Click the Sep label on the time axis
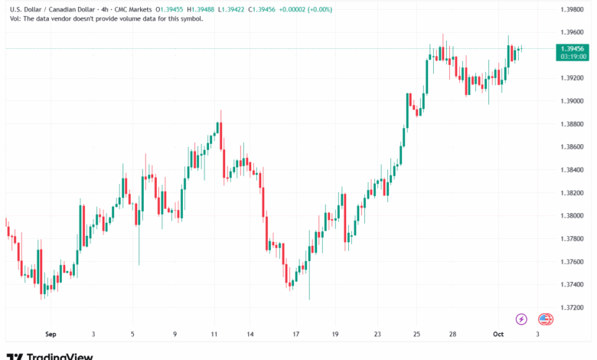click(x=51, y=335)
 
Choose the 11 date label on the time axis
click(x=214, y=335)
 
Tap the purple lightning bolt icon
click(x=521, y=319)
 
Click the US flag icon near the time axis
click(x=545, y=319)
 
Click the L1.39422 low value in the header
click(x=232, y=8)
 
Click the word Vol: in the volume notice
click(x=15, y=18)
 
